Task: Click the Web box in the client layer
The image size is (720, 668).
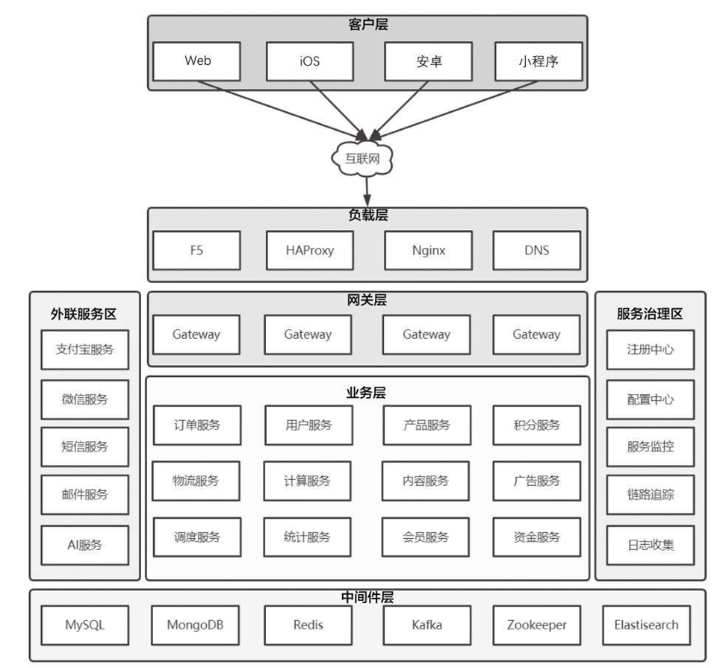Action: click(x=197, y=61)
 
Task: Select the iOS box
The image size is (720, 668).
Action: click(x=309, y=61)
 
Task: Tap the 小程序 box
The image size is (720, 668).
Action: click(x=538, y=61)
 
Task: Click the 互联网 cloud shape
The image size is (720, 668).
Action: click(x=362, y=157)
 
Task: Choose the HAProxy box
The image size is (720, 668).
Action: click(x=309, y=250)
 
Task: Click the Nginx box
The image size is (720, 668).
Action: click(x=428, y=250)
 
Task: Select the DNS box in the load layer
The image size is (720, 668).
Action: click(x=536, y=250)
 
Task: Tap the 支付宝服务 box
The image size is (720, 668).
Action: click(x=84, y=349)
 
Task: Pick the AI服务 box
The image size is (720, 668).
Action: click(x=84, y=545)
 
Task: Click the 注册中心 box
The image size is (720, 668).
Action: click(x=650, y=349)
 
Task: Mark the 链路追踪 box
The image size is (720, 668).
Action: click(x=650, y=494)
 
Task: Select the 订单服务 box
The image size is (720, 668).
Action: click(x=197, y=425)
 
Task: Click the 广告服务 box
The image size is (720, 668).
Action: click(x=536, y=481)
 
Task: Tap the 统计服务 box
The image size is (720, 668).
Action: click(x=307, y=537)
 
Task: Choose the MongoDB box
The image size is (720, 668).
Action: click(x=196, y=625)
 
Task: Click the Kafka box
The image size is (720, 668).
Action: click(x=426, y=625)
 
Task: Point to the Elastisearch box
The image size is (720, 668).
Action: click(x=646, y=625)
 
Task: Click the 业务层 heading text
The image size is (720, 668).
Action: click(x=366, y=393)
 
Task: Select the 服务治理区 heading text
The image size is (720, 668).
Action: click(x=650, y=314)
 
